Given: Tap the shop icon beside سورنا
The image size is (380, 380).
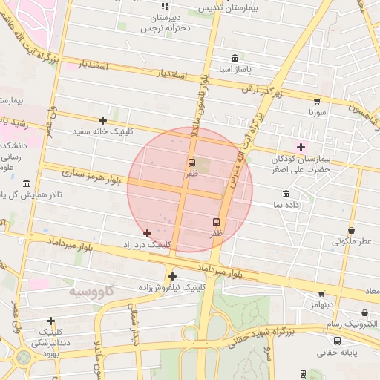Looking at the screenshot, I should click(x=317, y=101).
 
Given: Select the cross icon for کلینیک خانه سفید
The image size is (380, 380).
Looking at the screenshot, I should click(x=102, y=120).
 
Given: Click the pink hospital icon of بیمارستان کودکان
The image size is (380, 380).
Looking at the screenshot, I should click(x=301, y=147).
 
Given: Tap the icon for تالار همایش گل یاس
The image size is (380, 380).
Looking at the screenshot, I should click(x=27, y=183).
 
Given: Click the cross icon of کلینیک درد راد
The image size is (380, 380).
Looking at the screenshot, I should click(x=147, y=233).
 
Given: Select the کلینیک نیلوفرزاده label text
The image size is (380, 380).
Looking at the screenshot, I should click(x=172, y=286).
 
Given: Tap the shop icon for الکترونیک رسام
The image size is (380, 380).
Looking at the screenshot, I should click(x=364, y=313).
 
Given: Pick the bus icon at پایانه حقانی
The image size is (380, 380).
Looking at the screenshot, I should click(x=338, y=341).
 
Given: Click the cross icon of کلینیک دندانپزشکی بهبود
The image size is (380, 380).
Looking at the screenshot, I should click(x=50, y=321).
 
